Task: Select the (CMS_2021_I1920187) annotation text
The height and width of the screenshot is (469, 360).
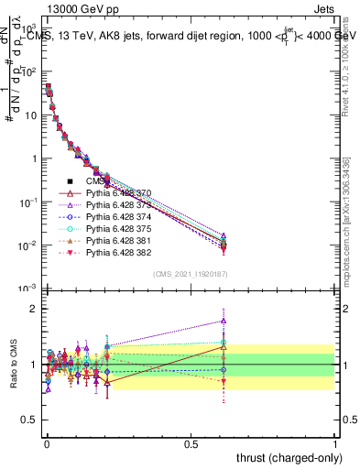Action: [191, 275]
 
